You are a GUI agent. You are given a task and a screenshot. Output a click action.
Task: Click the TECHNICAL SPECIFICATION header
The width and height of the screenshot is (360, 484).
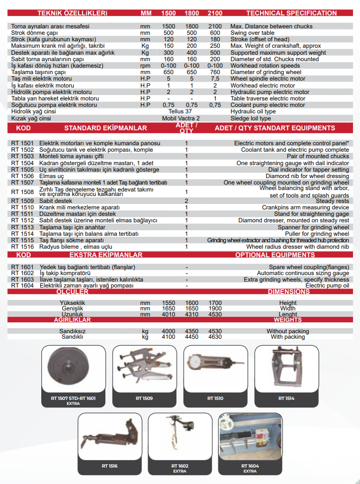click(x=291, y=13)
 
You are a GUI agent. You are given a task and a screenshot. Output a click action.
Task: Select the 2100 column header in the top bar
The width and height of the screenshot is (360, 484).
click(x=215, y=13)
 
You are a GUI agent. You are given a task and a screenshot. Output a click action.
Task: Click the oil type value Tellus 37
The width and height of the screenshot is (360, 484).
click(x=181, y=112)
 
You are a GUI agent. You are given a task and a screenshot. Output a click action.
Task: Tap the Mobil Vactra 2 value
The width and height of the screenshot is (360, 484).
click(x=181, y=118)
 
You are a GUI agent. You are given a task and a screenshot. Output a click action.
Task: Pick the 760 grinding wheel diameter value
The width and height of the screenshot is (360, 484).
click(x=215, y=72)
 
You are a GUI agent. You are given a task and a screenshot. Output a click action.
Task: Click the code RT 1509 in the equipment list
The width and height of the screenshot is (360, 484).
click(x=22, y=201)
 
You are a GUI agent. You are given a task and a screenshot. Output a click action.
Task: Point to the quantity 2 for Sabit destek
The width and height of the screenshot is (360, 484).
click(x=186, y=201)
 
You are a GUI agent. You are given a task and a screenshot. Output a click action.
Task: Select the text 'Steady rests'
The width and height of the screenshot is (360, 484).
click(x=332, y=201)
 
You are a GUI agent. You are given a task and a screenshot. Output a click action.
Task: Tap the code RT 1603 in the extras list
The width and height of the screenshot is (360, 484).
click(x=22, y=280)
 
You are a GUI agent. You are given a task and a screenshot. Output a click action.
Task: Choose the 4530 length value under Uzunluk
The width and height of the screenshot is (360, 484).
click(x=215, y=314)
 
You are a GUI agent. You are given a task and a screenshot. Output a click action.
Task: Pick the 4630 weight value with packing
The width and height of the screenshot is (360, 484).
click(x=215, y=337)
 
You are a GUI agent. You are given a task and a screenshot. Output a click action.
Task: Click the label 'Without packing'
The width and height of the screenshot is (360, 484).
click(x=287, y=331)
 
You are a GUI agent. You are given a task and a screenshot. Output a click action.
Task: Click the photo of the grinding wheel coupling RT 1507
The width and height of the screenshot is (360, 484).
click(x=73, y=370)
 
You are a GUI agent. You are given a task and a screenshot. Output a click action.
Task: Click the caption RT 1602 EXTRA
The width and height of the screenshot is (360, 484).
click(x=180, y=468)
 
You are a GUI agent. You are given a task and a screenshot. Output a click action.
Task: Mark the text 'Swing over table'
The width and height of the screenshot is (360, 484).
click(x=252, y=33)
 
